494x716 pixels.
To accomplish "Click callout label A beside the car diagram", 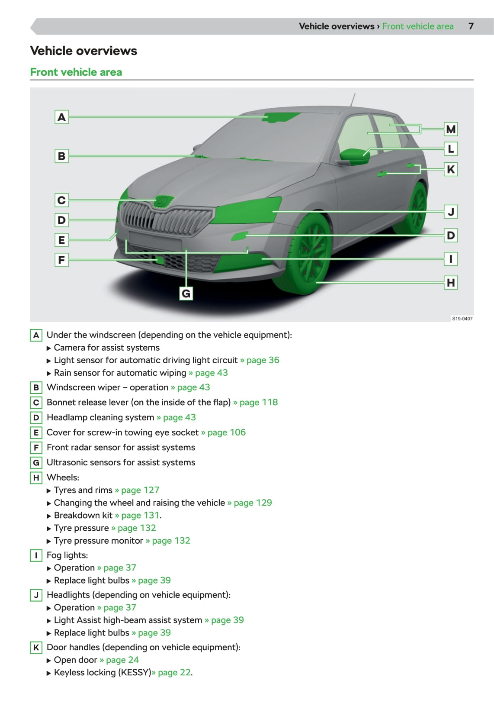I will (x=62, y=117).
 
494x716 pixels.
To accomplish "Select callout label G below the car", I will (x=186, y=293).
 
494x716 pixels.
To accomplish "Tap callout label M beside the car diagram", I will (x=451, y=129).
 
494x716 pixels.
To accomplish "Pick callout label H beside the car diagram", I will (x=451, y=283).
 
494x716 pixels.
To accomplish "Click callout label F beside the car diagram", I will (x=62, y=260).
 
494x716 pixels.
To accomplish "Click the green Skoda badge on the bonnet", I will (x=164, y=201).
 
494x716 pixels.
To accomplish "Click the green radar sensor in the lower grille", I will (x=159, y=260).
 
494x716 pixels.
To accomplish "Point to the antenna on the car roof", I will (x=353, y=99).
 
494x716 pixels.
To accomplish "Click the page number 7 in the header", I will (x=471, y=26).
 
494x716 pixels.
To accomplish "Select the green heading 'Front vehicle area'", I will (x=76, y=72).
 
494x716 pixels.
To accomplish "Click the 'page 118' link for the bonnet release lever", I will (x=258, y=402).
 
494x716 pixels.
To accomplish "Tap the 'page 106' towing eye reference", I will (x=226, y=432).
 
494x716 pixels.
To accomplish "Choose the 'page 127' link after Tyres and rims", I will (x=140, y=490).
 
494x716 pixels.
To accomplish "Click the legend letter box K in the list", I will (x=36, y=648).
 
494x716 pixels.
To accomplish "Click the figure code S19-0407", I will (x=462, y=319).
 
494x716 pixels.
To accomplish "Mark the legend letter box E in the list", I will (x=36, y=432).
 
